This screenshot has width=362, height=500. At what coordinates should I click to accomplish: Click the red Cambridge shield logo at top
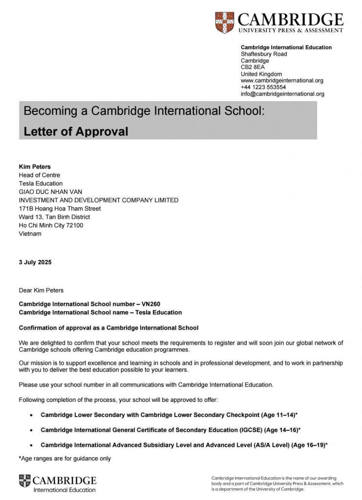[x=224, y=22]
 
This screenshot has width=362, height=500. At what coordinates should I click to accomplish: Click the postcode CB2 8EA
[x=253, y=67]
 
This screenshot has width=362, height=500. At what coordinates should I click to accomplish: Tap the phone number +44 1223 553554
[x=263, y=87]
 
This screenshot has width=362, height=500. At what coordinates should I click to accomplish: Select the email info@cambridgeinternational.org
[x=282, y=94]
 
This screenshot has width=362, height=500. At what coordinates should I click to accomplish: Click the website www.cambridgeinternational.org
[x=282, y=81]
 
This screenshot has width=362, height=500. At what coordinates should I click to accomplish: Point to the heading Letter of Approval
[x=76, y=131]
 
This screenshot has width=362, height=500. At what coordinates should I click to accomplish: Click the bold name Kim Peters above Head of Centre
[x=35, y=167]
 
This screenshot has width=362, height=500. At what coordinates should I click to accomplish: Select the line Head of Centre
[x=40, y=175]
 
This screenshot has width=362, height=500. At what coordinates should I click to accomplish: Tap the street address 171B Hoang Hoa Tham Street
[x=60, y=208]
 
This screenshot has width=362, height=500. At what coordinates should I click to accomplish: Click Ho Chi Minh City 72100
[x=51, y=225]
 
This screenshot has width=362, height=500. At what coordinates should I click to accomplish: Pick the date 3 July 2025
[x=35, y=262]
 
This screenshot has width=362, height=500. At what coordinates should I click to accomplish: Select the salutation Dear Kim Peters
[x=41, y=291]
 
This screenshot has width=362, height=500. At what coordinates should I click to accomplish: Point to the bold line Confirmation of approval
[x=108, y=328]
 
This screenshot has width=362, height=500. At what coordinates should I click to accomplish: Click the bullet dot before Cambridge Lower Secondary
[x=32, y=415]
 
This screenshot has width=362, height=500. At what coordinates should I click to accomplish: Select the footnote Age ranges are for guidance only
[x=65, y=458]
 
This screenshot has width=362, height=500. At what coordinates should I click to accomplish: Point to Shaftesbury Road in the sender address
[x=264, y=54]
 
